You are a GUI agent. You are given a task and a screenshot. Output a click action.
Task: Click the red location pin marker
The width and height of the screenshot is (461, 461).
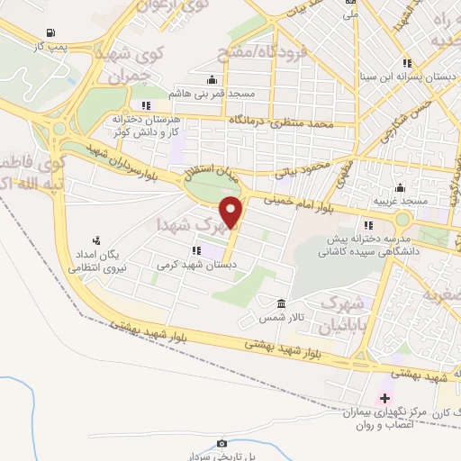pos(233,212)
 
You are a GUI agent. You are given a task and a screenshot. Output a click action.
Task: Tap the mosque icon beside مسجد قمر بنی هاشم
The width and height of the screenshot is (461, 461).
pos(211,79)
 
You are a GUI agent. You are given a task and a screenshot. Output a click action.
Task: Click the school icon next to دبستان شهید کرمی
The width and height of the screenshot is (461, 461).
pos(196,250)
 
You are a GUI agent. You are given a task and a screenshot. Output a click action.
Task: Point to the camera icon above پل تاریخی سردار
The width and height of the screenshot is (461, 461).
pos(222,443)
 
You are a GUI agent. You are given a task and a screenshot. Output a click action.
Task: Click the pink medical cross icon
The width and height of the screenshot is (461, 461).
pos(385,398)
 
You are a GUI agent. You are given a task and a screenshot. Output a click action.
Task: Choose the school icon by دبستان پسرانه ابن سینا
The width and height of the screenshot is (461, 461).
pos(407,63)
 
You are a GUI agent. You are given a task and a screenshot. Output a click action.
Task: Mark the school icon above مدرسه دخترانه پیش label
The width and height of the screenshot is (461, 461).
pos(367,225)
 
